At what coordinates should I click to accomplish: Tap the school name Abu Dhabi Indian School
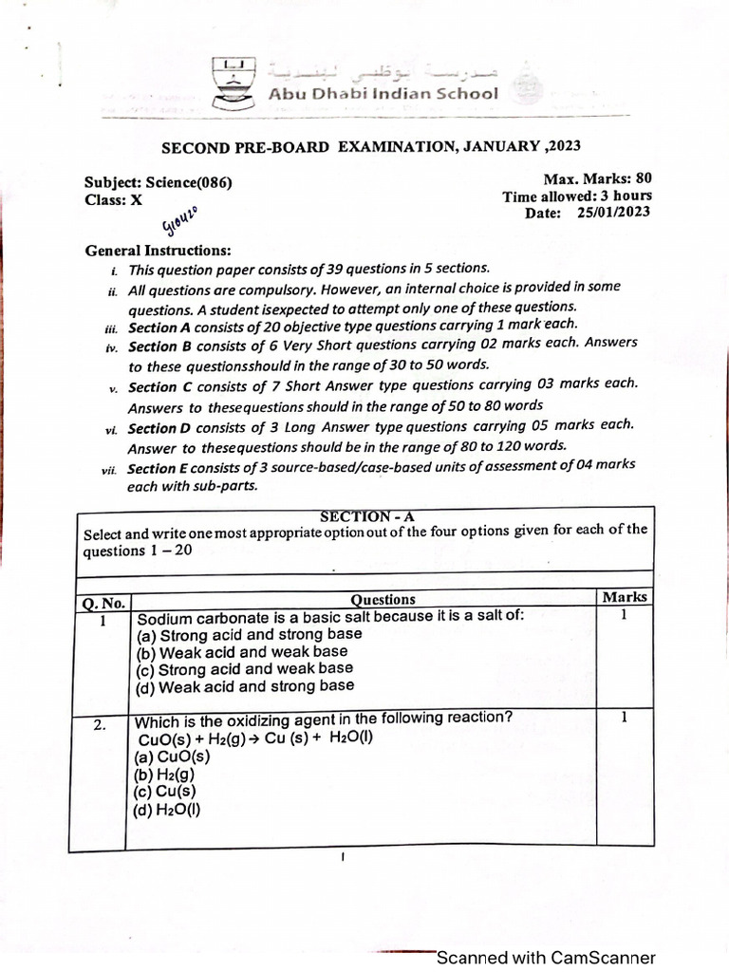383,93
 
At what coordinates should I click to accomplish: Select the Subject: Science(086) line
158,183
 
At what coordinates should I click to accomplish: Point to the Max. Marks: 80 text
597,178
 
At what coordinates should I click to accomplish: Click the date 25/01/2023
613,212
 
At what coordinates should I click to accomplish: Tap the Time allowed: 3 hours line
577,196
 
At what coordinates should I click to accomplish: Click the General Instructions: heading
158,251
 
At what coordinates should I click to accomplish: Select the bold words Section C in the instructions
153,387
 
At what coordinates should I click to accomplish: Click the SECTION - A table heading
367,516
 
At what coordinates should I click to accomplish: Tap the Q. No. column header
103,603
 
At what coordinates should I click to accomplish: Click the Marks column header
625,597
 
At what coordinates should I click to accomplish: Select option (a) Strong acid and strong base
250,635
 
